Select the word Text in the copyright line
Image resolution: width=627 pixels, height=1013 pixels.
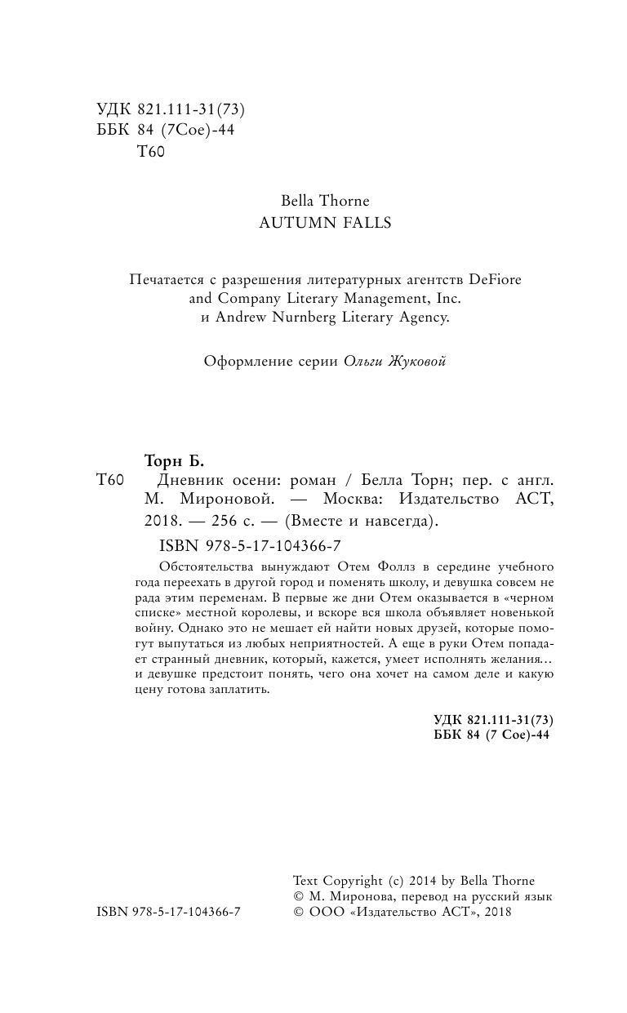306,881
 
